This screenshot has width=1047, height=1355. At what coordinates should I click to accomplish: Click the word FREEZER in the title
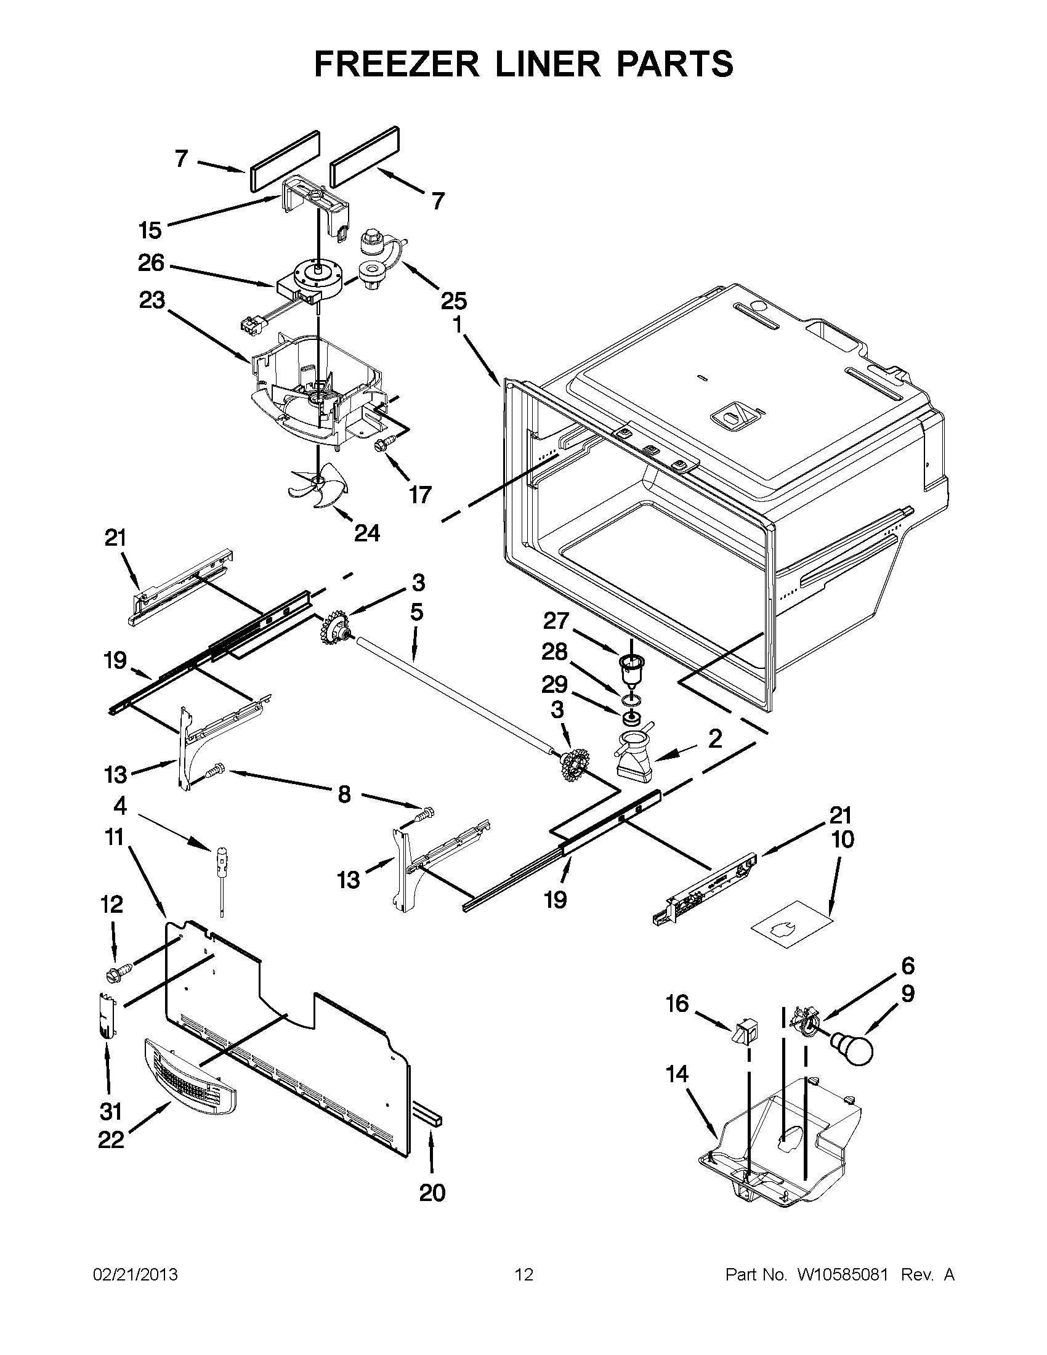click(x=397, y=64)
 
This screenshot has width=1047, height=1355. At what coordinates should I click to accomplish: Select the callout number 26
click(x=151, y=264)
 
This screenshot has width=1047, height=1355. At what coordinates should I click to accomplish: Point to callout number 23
click(x=152, y=302)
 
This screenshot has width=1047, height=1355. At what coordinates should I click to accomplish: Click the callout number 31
click(x=111, y=1111)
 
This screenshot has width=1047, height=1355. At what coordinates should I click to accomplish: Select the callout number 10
click(x=843, y=839)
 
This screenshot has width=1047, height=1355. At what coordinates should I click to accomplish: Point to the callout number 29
click(x=554, y=685)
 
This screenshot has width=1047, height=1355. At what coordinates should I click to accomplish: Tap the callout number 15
click(x=150, y=231)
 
